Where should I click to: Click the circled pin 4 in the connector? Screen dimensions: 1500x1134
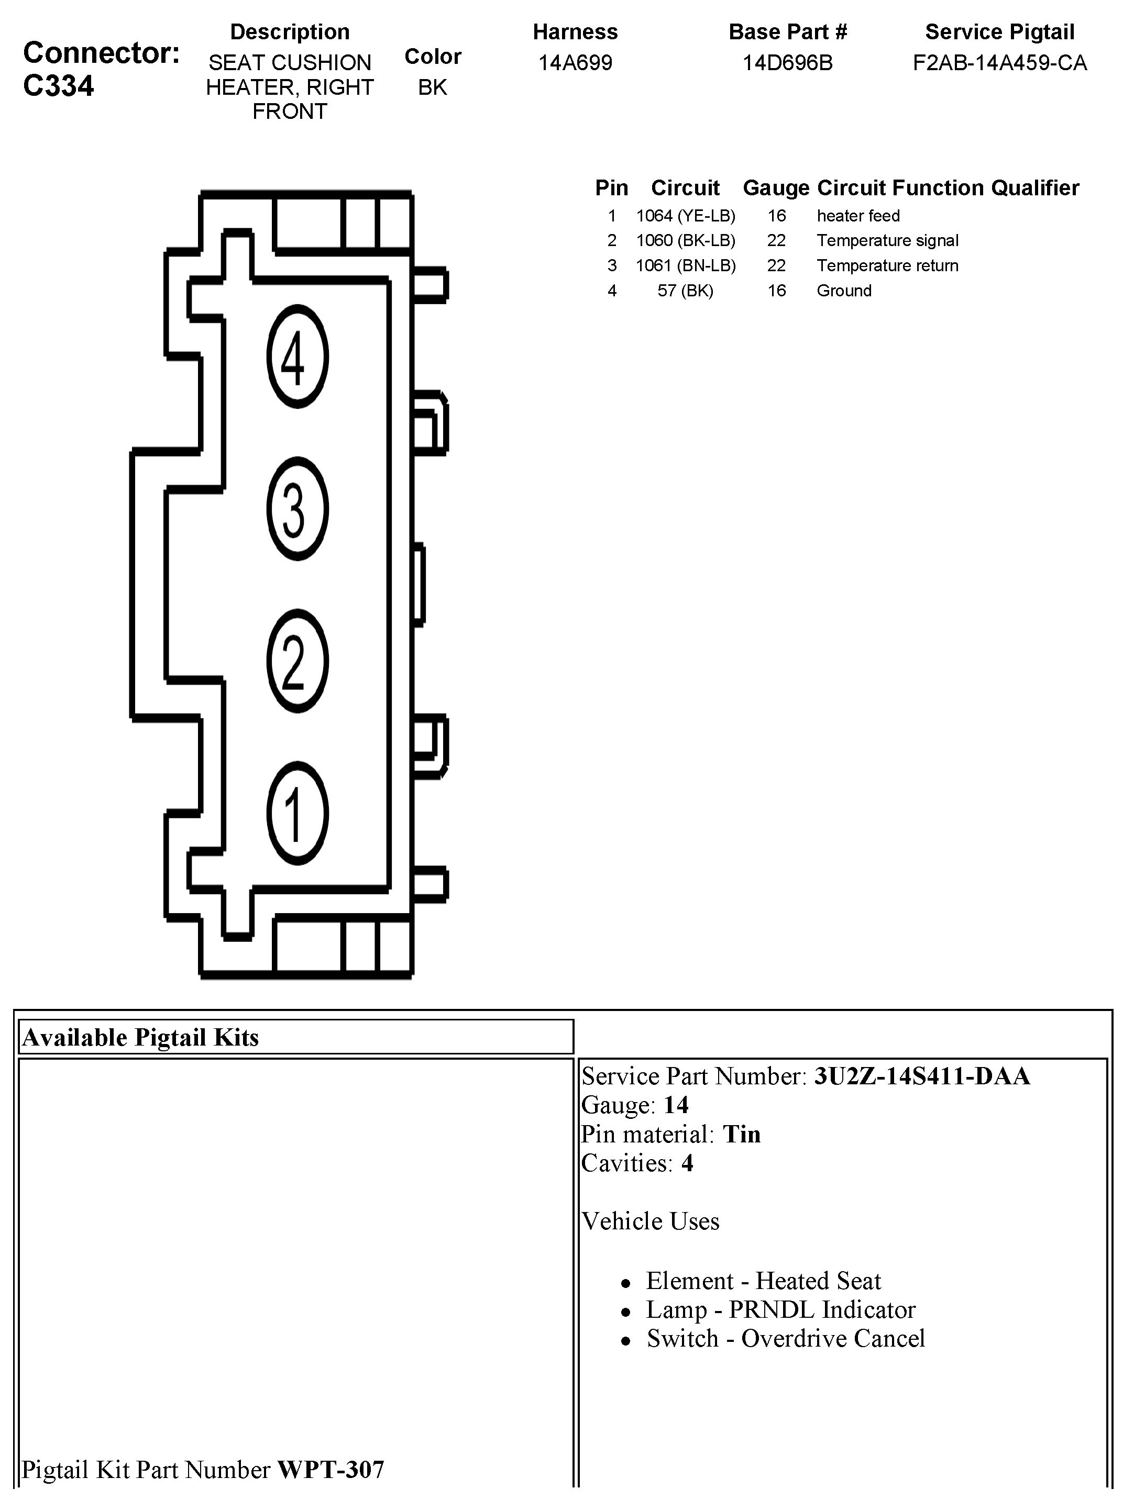297,357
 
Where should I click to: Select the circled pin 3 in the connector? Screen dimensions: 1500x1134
297,508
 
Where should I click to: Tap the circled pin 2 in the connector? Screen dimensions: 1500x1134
297,661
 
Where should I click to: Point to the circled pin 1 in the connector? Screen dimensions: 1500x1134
297,813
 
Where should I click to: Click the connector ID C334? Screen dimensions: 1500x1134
59,86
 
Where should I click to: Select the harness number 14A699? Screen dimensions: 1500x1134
575,63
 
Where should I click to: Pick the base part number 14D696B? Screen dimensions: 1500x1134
787,63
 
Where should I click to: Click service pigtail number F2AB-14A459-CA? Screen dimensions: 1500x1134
1000,63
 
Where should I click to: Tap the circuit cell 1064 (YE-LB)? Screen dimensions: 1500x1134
686,216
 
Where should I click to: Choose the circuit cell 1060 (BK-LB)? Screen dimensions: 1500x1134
686,241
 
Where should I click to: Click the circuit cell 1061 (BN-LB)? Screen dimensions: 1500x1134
686,266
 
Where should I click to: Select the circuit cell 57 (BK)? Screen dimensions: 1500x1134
686,291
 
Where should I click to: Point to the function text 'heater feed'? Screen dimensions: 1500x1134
858,216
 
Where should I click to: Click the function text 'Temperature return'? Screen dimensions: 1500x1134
887,266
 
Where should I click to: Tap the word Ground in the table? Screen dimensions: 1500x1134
844,291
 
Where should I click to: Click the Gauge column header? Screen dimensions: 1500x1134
776,188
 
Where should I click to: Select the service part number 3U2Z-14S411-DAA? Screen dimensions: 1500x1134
922,1076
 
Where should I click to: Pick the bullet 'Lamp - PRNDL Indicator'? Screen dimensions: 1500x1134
780,1309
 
